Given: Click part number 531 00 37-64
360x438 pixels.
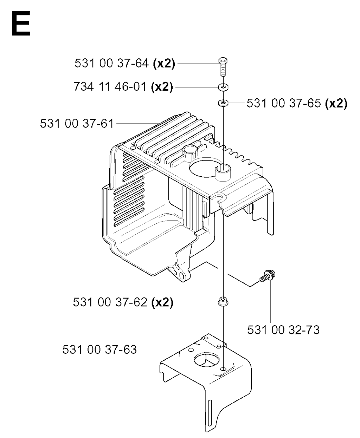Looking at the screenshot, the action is (x=111, y=63).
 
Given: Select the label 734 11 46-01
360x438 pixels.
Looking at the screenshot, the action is (x=110, y=87).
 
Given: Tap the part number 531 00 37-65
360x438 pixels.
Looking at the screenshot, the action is (x=284, y=103).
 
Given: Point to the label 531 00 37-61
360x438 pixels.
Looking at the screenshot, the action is (x=77, y=124).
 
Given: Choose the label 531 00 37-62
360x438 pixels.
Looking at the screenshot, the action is (x=110, y=302).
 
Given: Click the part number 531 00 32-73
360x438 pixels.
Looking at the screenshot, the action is (x=283, y=330).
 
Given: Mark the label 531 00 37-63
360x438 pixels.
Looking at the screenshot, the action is (x=99, y=349).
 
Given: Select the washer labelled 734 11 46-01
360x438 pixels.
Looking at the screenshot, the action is (x=223, y=87).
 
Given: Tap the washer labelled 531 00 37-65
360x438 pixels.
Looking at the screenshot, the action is (x=223, y=103).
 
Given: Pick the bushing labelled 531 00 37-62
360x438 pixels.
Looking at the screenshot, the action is (x=223, y=302).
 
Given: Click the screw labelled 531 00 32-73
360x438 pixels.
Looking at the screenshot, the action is (x=268, y=276).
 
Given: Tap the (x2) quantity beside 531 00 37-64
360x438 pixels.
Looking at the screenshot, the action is (x=164, y=64).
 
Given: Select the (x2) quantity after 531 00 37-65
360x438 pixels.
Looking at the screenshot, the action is (x=336, y=103).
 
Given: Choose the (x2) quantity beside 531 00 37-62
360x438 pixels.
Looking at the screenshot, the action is (x=162, y=302).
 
